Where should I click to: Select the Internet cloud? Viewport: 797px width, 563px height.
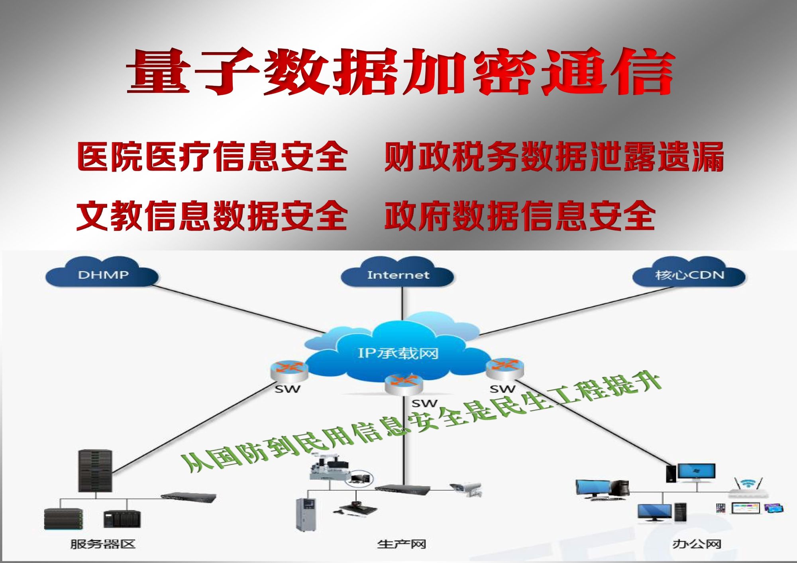[398, 274]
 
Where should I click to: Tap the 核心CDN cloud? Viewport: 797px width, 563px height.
[689, 274]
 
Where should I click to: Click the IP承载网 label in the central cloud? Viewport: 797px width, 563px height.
[398, 353]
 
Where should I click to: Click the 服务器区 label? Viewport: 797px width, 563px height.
[103, 544]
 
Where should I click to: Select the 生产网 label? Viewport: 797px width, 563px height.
[402, 544]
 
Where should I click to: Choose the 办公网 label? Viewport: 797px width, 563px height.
[697, 544]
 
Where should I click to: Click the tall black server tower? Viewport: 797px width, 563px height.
[95, 471]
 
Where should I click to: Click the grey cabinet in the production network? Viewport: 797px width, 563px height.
[305, 514]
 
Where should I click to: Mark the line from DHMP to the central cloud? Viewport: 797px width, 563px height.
[239, 309]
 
